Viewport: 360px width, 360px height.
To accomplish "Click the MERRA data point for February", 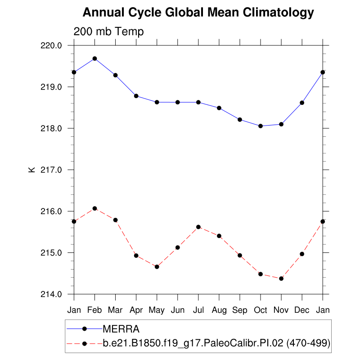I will click(x=94, y=58).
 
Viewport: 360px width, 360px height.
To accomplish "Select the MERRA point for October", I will click(x=261, y=126).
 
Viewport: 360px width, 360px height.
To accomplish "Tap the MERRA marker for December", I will click(x=302, y=103).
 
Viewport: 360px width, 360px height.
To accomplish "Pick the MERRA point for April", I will click(x=136, y=96).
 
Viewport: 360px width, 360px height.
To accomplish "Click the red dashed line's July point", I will click(x=198, y=227).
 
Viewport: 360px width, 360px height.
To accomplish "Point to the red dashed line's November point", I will click(x=281, y=279).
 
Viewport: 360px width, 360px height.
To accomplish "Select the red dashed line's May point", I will click(x=157, y=267).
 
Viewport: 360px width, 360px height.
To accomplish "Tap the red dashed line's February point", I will click(x=94, y=208).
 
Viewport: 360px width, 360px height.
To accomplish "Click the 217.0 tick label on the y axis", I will click(x=53, y=170).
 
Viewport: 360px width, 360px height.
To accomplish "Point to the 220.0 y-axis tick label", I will click(x=53, y=45).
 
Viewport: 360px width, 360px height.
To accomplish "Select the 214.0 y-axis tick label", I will click(x=53, y=294).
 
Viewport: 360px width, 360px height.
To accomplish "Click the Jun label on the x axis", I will click(x=178, y=310).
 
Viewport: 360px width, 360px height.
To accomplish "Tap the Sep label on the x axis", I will click(x=240, y=310).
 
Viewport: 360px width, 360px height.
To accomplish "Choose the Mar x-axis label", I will click(x=115, y=310).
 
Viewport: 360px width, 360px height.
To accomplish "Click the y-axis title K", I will click(x=31, y=170).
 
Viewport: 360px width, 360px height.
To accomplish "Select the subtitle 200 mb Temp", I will click(x=108, y=32).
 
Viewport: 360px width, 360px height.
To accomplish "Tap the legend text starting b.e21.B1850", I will click(x=216, y=343).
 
